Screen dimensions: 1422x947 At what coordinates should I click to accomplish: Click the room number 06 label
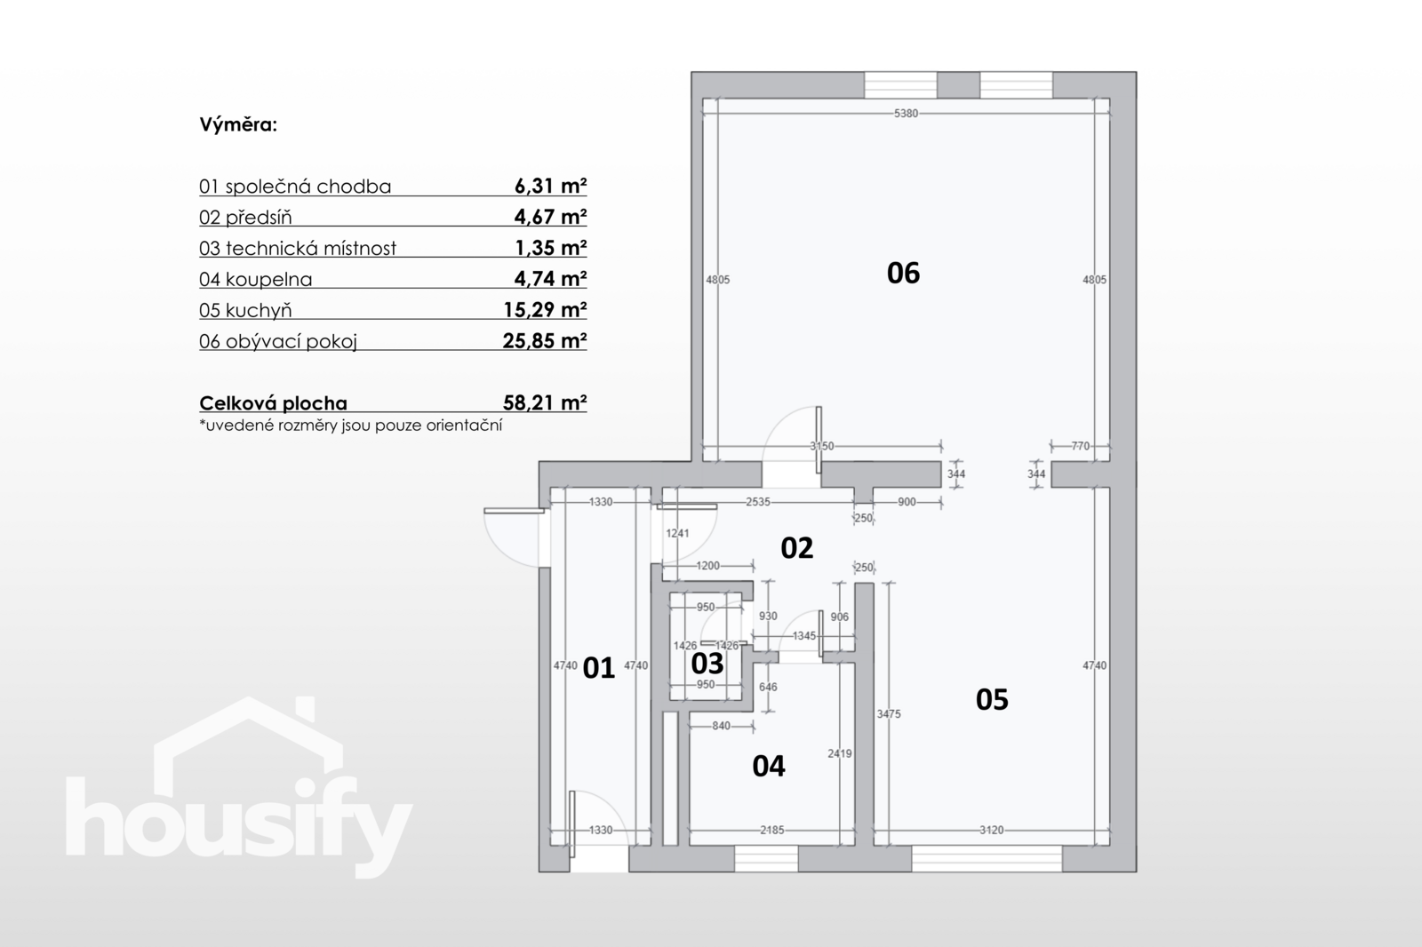tap(903, 273)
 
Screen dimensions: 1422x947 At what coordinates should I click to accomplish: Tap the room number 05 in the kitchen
tap(992, 699)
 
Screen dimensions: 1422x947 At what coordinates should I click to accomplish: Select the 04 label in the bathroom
tap(769, 767)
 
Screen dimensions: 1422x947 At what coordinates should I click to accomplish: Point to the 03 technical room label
tap(707, 664)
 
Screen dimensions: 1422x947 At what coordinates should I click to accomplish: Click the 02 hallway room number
tap(796, 548)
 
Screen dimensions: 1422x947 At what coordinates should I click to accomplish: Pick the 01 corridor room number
tap(599, 668)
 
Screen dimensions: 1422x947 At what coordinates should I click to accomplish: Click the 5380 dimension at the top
tap(906, 114)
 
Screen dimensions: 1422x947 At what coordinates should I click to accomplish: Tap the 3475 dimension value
tap(889, 714)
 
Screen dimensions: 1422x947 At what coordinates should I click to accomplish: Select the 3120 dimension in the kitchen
tap(992, 831)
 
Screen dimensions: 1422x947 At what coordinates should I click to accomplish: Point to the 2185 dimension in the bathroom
tap(772, 831)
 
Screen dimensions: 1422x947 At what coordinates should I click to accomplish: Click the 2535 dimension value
tap(758, 502)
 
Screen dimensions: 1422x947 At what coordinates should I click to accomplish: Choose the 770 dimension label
tap(1081, 446)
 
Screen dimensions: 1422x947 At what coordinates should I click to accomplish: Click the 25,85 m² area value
tap(545, 341)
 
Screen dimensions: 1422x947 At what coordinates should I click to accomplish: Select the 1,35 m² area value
tap(551, 248)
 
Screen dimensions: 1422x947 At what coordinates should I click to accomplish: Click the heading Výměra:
tap(239, 124)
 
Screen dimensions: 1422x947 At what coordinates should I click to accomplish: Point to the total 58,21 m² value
tap(545, 403)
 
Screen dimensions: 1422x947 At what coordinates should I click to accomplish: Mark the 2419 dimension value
tap(840, 754)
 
